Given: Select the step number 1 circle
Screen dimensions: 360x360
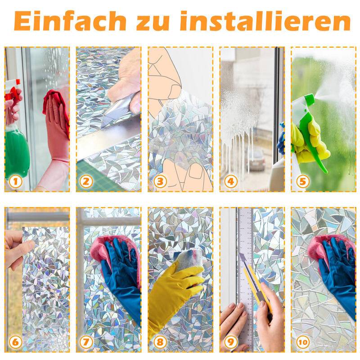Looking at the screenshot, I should tap(16, 182).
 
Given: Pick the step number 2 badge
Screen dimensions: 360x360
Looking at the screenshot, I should tap(87, 182).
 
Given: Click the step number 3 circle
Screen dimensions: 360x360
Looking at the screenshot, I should tap(159, 182).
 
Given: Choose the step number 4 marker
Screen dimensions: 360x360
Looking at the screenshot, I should tap(231, 182).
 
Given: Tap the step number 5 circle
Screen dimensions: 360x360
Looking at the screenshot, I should tap(302, 182).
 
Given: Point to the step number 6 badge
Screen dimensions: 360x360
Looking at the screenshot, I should tap(16, 342).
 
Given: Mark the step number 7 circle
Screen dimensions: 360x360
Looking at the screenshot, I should tap(87, 342).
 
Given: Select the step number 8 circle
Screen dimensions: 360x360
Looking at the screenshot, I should tap(159, 342).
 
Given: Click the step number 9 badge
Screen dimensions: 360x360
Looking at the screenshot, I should tap(231, 342).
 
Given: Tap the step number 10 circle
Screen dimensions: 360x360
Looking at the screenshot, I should tap(302, 342).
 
